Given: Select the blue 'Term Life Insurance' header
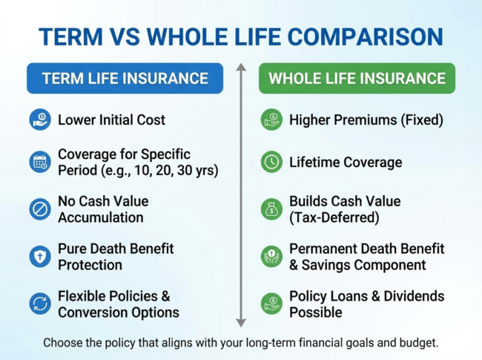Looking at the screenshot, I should [125, 78].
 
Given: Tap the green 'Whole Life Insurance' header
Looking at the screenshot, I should [357, 78].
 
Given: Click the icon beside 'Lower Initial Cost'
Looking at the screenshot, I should [40, 120].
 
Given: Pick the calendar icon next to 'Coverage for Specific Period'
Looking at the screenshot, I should [40, 162].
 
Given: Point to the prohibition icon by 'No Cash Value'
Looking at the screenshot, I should [40, 209].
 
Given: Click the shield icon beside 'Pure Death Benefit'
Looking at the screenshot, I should [40, 257].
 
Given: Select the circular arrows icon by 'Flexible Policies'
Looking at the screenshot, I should [40, 304].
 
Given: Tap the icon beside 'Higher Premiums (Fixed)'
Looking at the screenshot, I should [271, 120].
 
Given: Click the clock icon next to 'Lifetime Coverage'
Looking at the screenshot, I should [271, 162].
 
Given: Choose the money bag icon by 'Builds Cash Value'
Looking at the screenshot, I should [271, 209].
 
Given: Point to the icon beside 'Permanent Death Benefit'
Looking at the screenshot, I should [271, 257].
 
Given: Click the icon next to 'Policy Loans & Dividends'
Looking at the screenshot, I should [271, 304].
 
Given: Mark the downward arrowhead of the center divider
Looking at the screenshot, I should [240, 322].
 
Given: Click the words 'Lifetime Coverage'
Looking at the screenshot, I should [346, 162].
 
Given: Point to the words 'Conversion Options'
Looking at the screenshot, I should [118, 312].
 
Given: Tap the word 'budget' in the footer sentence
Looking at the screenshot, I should [416, 343].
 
